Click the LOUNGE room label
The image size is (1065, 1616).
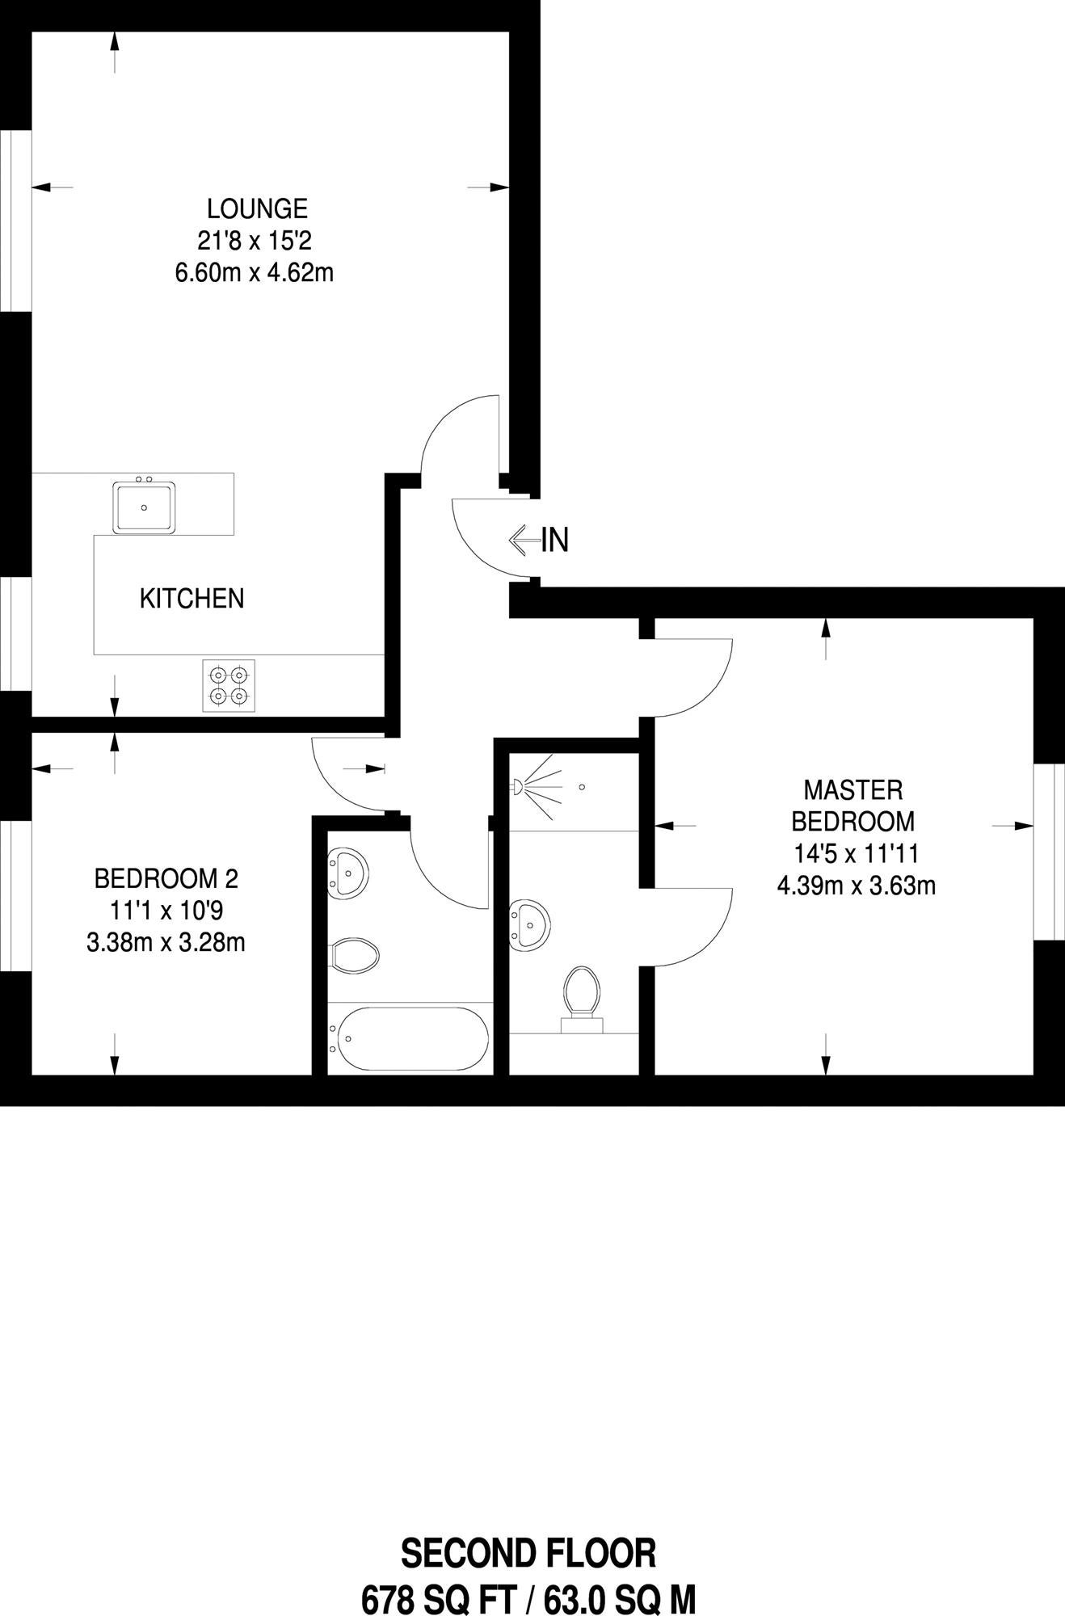257,208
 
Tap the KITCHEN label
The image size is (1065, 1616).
192,599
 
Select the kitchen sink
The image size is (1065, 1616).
145,507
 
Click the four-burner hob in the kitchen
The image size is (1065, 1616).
229,685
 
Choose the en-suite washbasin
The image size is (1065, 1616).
530,924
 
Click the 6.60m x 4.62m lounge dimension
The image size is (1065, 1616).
255,272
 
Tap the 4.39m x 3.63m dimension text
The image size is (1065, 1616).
857,886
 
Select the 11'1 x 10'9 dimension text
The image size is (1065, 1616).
166,911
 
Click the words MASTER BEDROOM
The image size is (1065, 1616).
853,806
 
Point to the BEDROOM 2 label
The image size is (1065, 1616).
166,878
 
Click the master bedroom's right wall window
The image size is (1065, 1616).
1050,852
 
